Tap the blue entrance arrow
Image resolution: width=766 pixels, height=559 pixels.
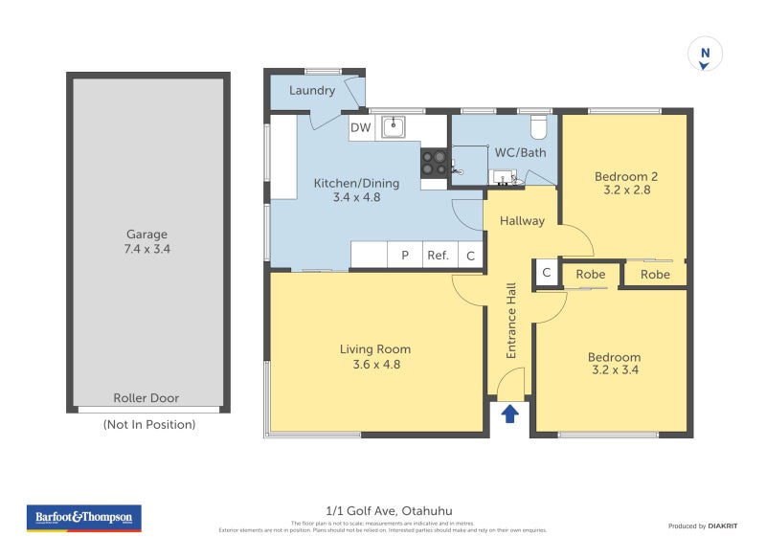tap(510, 414)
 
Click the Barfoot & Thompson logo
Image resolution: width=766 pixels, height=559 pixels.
tap(84, 518)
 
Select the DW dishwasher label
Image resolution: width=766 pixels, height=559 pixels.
tap(360, 127)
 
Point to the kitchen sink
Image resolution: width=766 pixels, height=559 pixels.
tap(393, 126)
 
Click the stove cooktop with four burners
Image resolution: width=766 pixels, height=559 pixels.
tap(433, 163)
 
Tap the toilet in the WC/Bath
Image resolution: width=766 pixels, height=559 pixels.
tap(537, 126)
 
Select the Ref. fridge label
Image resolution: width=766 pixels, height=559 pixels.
tap(439, 256)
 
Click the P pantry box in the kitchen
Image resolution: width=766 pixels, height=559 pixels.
tap(405, 256)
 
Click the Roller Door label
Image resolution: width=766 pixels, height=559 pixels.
tap(146, 398)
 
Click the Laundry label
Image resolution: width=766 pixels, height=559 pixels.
tap(312, 91)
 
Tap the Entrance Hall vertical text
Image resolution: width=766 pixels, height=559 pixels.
tap(511, 320)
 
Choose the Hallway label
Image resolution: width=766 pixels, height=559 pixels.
tap(522, 220)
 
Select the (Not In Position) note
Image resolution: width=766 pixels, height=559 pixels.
tap(148, 424)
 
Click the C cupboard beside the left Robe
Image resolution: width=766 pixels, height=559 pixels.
tap(546, 274)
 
